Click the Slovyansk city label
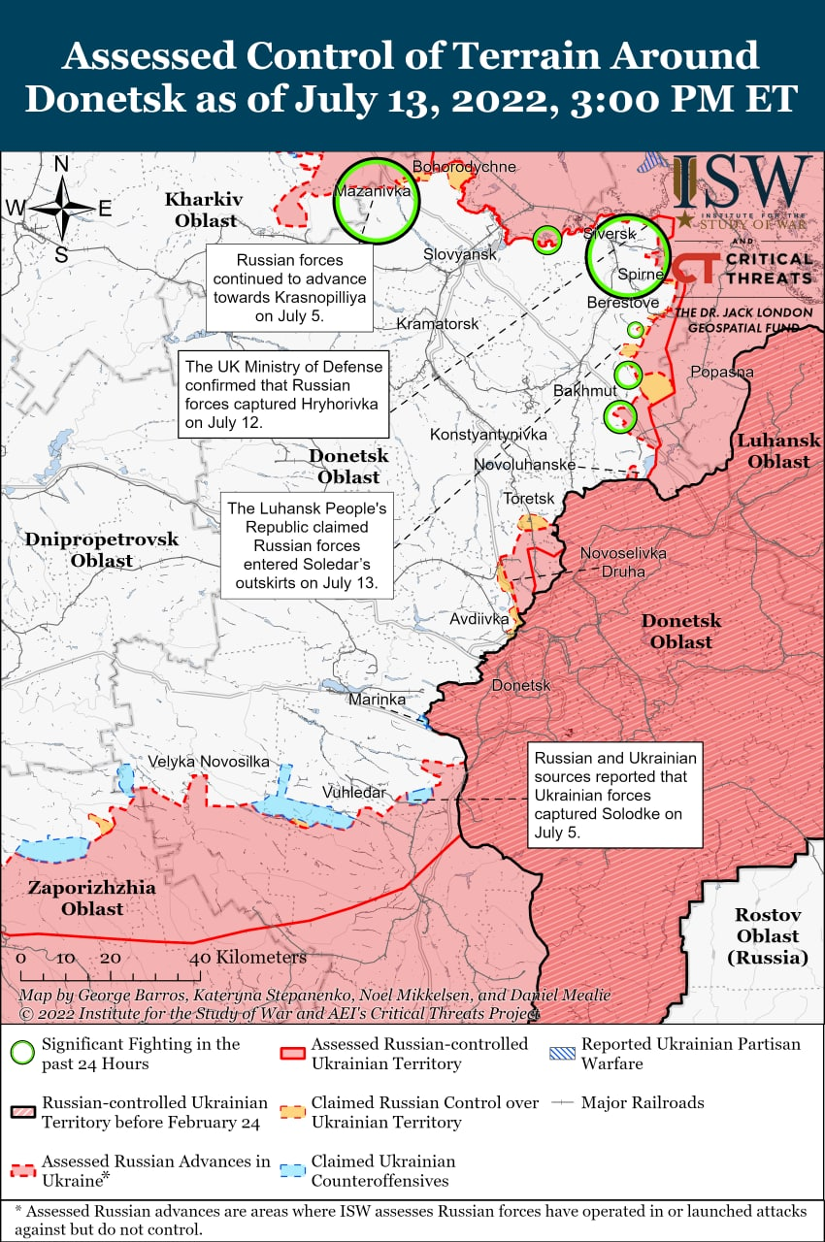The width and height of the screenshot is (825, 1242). click(x=459, y=254)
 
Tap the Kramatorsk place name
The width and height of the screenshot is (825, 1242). click(x=437, y=323)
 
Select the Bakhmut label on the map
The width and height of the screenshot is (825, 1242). click(x=584, y=390)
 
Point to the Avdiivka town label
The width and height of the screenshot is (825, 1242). click(x=479, y=618)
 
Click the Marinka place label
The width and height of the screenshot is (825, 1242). click(x=377, y=699)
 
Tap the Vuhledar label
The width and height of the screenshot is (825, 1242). click(x=354, y=793)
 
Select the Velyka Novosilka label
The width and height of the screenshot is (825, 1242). click(x=209, y=762)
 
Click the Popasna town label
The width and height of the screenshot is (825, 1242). click(x=721, y=372)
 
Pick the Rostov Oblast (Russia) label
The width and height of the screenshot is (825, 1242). click(x=767, y=935)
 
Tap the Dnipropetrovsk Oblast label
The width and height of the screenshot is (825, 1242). click(x=102, y=549)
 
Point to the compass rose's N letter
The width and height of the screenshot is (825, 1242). click(x=60, y=165)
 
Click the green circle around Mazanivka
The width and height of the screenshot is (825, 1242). click(x=376, y=201)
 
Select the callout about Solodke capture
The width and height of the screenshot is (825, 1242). click(x=615, y=796)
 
